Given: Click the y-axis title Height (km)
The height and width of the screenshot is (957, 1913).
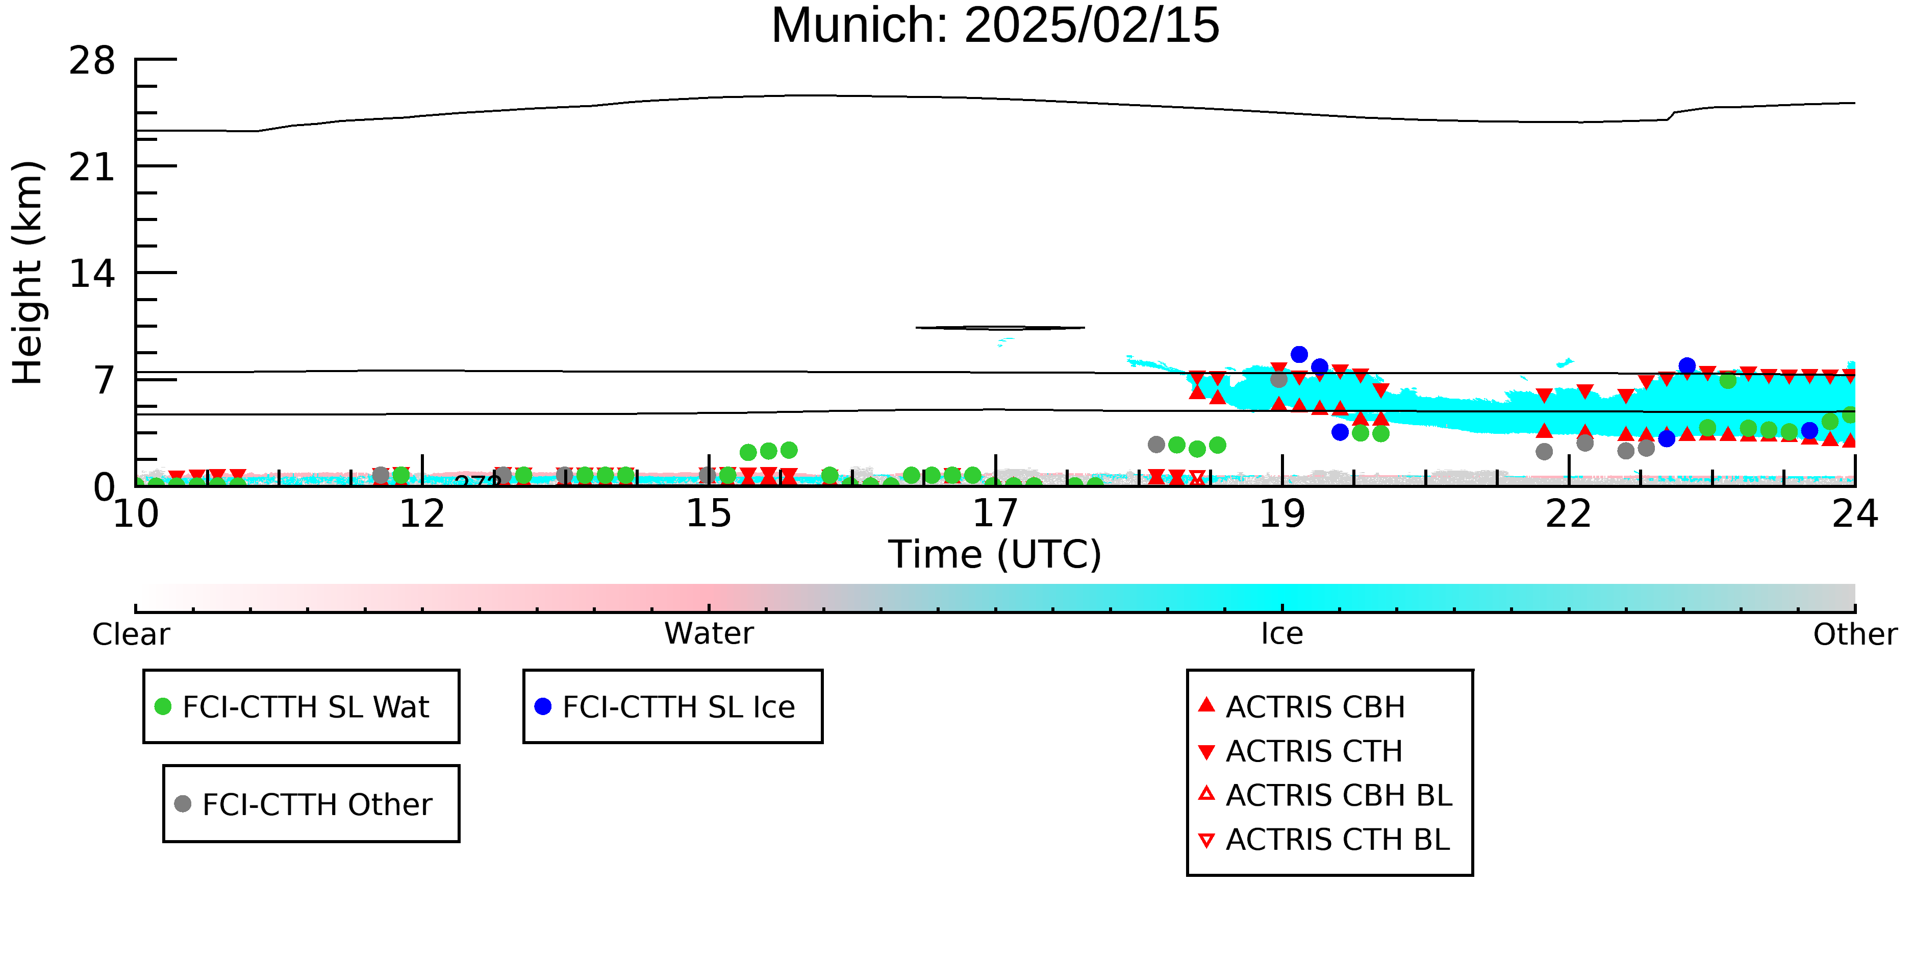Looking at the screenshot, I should pos(28,273).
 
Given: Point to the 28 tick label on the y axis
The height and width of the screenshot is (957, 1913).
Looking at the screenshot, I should pos(92,61).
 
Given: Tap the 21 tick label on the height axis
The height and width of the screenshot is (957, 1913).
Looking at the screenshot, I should pos(92,168).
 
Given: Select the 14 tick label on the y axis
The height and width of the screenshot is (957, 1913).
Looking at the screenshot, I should pos(92,274).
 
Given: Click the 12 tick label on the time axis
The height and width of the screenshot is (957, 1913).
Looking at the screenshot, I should pos(422,514).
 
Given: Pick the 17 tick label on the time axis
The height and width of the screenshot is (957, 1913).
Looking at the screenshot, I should pos(995,514).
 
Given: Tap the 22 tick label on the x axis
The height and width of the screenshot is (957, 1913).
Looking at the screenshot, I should pos(1569,514).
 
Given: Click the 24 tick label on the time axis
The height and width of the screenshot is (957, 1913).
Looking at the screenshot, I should pos(1854,514).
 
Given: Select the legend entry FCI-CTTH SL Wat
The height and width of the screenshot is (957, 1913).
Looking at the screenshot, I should pos(305,706).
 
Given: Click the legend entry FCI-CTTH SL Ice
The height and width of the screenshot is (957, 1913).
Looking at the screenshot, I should pos(678,706).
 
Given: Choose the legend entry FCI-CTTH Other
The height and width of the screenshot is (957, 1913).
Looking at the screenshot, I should pos(316,804).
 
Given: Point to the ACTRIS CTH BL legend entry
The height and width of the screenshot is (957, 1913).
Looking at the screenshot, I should pos(1337,840).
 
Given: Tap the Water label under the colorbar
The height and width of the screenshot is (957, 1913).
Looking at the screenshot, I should pos(709,634).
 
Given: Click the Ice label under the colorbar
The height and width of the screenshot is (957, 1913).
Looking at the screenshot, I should pos(1282,634).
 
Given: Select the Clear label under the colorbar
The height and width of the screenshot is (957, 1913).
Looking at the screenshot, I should pos(131,634).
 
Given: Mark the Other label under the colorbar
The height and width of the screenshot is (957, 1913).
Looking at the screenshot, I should pos(1854,634).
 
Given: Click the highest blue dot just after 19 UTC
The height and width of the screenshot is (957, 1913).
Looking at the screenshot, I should pos(1299,354).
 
